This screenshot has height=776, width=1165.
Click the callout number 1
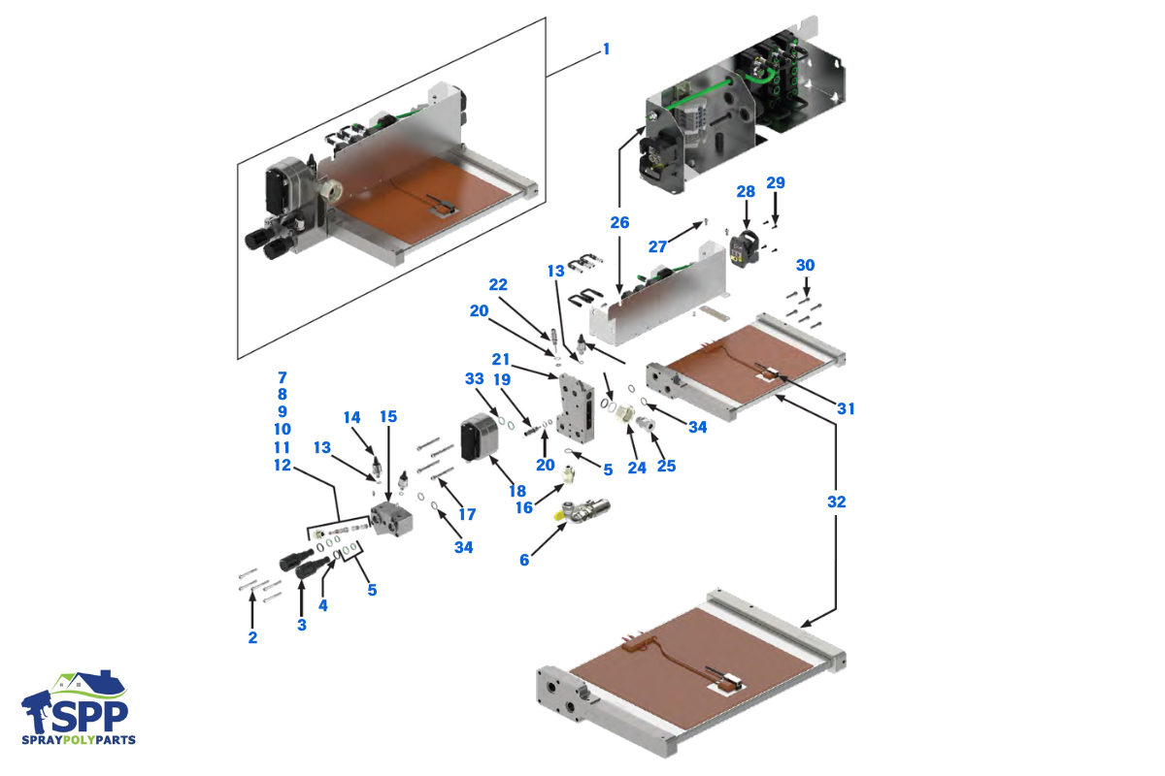[x=607, y=48]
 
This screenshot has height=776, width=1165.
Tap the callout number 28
[x=746, y=192]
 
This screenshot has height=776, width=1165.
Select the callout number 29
[x=775, y=182]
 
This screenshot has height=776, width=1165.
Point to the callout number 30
[x=805, y=265]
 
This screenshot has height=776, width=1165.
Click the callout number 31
[x=846, y=408]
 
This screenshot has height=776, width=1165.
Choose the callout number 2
[x=252, y=637]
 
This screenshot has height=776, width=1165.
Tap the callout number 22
[x=498, y=284]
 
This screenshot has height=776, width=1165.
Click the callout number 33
[x=474, y=378]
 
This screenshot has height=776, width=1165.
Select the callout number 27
[x=658, y=246]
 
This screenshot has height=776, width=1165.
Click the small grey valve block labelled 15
[x=392, y=516]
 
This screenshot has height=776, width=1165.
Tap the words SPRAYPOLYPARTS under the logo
[x=79, y=740]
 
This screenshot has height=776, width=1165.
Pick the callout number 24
[x=637, y=466]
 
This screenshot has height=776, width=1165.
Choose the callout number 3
[x=301, y=625]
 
